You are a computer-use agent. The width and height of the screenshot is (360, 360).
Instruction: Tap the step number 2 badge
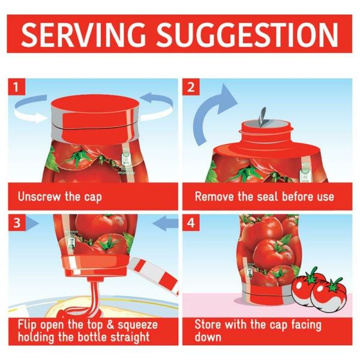coord(191,87)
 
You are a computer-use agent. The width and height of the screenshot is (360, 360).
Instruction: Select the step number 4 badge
coord(191,223)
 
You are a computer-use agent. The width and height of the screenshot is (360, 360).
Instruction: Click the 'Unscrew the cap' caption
coord(58,197)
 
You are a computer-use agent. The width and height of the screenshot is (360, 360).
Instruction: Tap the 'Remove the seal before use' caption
coord(264,197)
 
